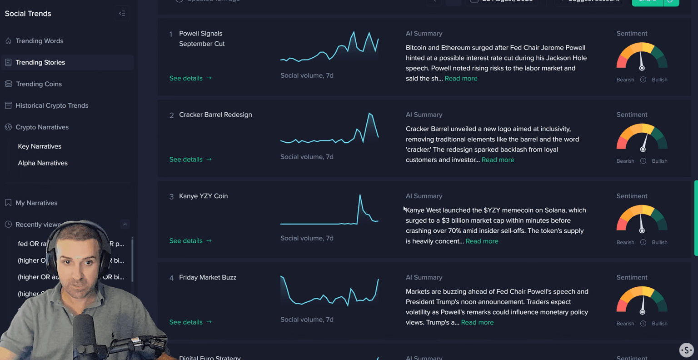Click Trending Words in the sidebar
tap(39, 41)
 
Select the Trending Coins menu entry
tap(39, 84)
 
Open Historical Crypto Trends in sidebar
tap(52, 105)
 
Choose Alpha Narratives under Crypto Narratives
tap(43, 163)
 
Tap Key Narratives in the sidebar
tap(40, 146)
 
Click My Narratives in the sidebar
tap(36, 203)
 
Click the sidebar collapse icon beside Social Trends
tap(122, 14)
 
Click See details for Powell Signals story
tap(190, 78)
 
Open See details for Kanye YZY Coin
tap(190, 241)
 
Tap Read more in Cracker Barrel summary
tap(498, 160)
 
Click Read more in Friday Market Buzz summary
tap(477, 323)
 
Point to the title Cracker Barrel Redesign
tap(215, 115)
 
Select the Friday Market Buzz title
tap(208, 278)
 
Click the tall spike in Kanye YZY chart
tap(360, 196)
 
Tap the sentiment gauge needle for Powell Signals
tap(641, 61)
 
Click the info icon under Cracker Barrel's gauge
tap(643, 161)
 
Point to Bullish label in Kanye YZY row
tap(659, 243)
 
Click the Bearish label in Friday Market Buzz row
tap(625, 324)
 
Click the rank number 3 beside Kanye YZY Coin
tap(171, 197)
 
